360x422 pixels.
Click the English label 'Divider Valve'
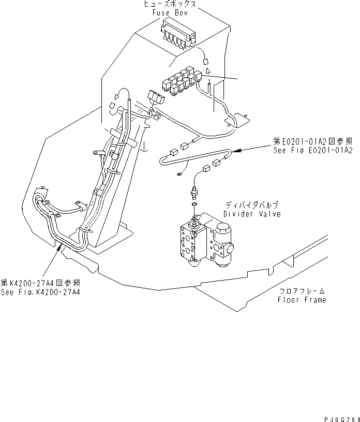pos(252,214)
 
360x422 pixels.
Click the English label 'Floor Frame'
pos(302,300)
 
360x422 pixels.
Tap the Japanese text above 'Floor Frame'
pos(302,292)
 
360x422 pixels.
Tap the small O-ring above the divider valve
pos(193,206)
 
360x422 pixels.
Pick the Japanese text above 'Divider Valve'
pos(252,206)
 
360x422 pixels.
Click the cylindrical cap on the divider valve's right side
pos(225,230)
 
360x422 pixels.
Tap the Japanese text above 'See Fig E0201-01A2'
pos(313,141)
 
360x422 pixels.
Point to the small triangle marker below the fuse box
pos(207,69)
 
